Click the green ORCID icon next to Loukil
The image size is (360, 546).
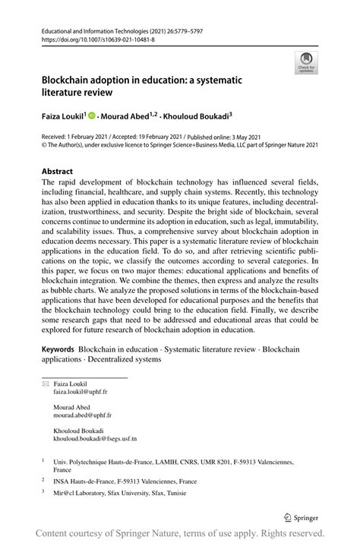click(x=92, y=116)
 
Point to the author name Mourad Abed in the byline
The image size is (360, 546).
click(x=126, y=116)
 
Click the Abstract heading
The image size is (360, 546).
click(x=58, y=172)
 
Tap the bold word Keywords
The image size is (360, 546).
click(x=58, y=349)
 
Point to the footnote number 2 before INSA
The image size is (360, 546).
click(x=44, y=481)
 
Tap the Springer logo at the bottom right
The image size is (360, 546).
click(x=300, y=517)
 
